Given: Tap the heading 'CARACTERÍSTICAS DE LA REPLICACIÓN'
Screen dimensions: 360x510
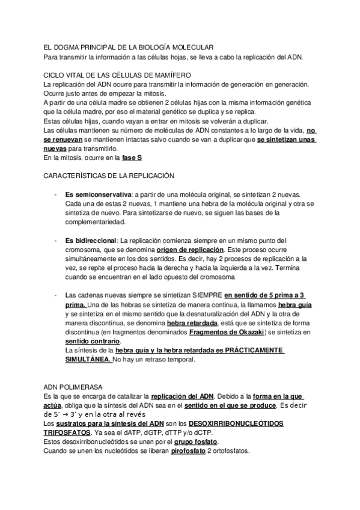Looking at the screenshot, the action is [109, 176].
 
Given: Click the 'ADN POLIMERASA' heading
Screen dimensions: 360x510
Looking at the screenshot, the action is [73, 387].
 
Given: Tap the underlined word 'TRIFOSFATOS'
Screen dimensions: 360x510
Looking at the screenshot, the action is [67, 433].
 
